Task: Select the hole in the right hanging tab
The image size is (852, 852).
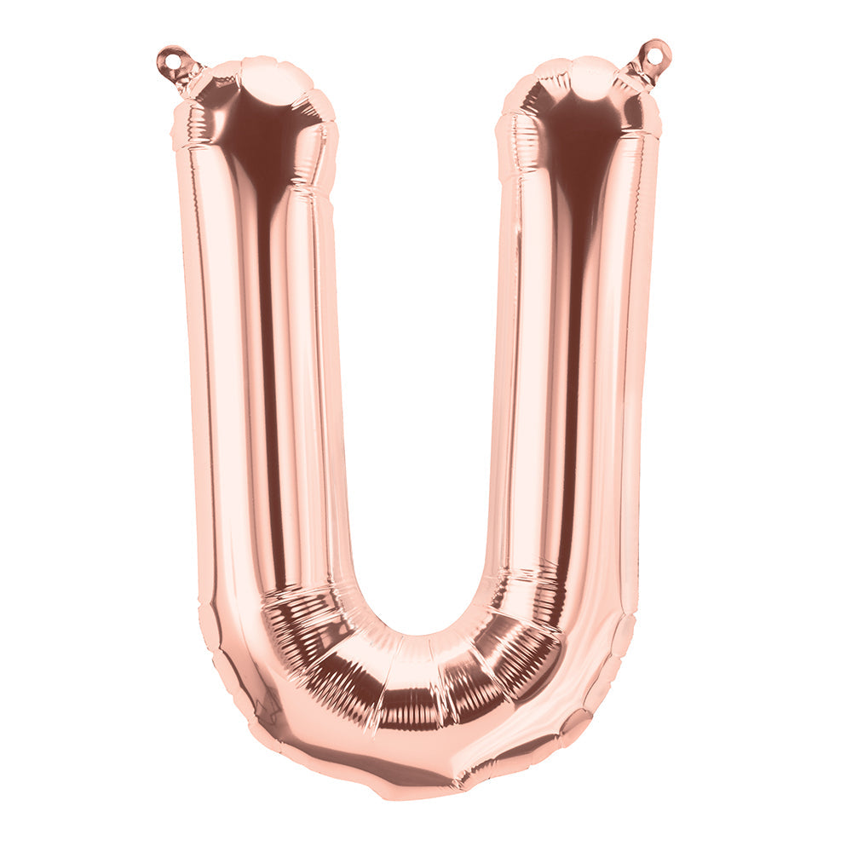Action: pos(655,55)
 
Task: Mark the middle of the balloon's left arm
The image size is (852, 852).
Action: pos(264,358)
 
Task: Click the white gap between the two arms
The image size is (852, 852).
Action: pos(417,341)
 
